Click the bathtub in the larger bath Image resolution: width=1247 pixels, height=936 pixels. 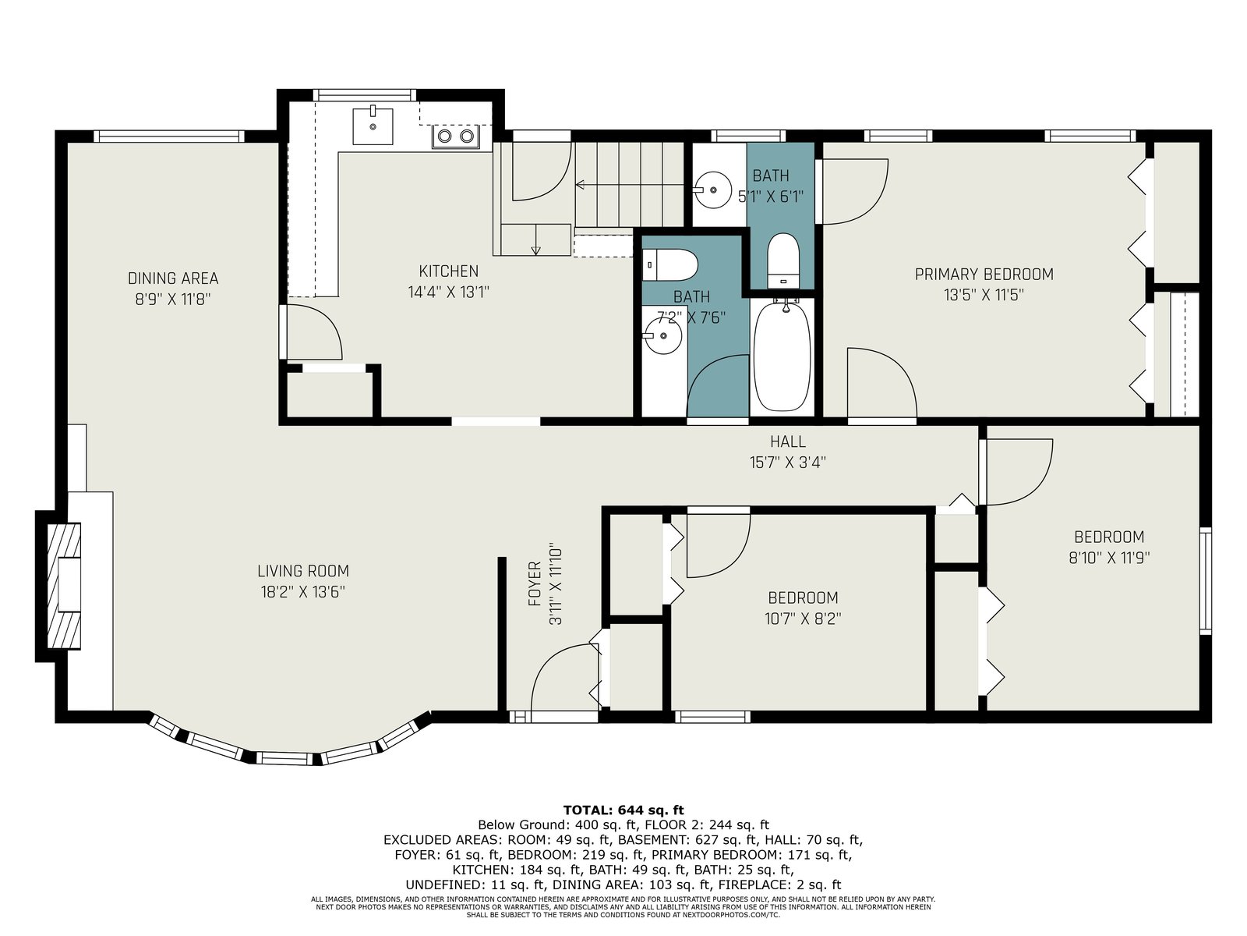[x=782, y=356]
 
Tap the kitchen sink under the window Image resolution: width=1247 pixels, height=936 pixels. [x=373, y=126]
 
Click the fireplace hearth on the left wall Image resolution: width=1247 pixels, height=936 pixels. [x=64, y=585]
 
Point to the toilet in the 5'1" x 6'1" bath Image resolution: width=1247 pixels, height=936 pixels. [x=782, y=261]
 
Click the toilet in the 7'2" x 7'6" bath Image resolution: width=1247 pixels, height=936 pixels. [x=669, y=265]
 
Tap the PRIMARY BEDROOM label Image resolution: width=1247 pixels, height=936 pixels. [x=984, y=275]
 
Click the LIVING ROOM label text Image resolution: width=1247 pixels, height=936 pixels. [x=303, y=571]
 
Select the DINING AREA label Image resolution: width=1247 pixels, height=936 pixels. [x=173, y=278]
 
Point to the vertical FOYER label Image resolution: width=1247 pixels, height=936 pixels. [x=535, y=583]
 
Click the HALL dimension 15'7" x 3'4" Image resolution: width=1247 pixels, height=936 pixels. [x=787, y=463]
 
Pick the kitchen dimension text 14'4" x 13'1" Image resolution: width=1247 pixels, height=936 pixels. [x=449, y=292]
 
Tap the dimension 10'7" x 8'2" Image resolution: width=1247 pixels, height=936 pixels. [x=803, y=619]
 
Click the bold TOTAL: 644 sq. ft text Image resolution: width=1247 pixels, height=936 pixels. [x=623, y=810]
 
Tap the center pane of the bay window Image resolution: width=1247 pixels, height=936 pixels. [x=284, y=758]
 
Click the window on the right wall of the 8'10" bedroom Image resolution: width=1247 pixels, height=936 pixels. [x=1206, y=581]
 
